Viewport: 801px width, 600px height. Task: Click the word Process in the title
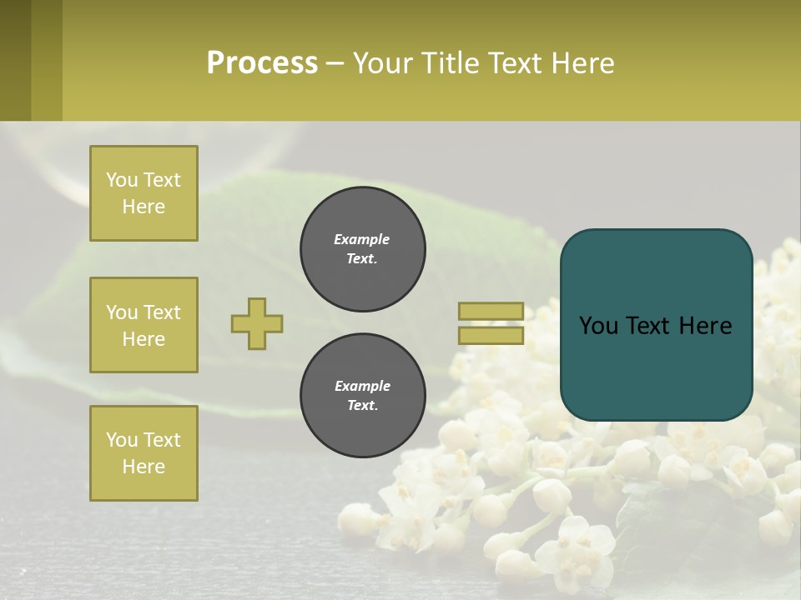point(262,63)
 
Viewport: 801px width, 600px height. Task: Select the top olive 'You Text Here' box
point(144,193)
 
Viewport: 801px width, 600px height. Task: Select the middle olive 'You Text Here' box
point(144,325)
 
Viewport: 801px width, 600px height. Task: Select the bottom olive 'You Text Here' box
point(144,453)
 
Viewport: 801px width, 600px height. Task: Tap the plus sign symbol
point(257,323)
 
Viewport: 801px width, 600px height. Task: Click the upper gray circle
point(363,248)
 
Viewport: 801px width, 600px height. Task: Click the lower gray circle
point(363,395)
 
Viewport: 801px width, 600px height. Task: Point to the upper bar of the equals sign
point(491,312)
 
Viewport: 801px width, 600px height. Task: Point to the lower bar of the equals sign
point(491,335)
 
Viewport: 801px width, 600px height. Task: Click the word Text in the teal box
point(652,326)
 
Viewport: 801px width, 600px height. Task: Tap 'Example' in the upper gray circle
point(362,239)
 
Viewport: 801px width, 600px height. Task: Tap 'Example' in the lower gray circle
point(362,386)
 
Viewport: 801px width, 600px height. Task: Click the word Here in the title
point(581,63)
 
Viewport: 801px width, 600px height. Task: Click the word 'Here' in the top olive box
point(144,207)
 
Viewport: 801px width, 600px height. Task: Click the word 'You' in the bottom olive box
point(122,440)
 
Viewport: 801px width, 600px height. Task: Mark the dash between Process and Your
point(335,64)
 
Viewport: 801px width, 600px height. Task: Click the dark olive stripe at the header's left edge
point(15,60)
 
